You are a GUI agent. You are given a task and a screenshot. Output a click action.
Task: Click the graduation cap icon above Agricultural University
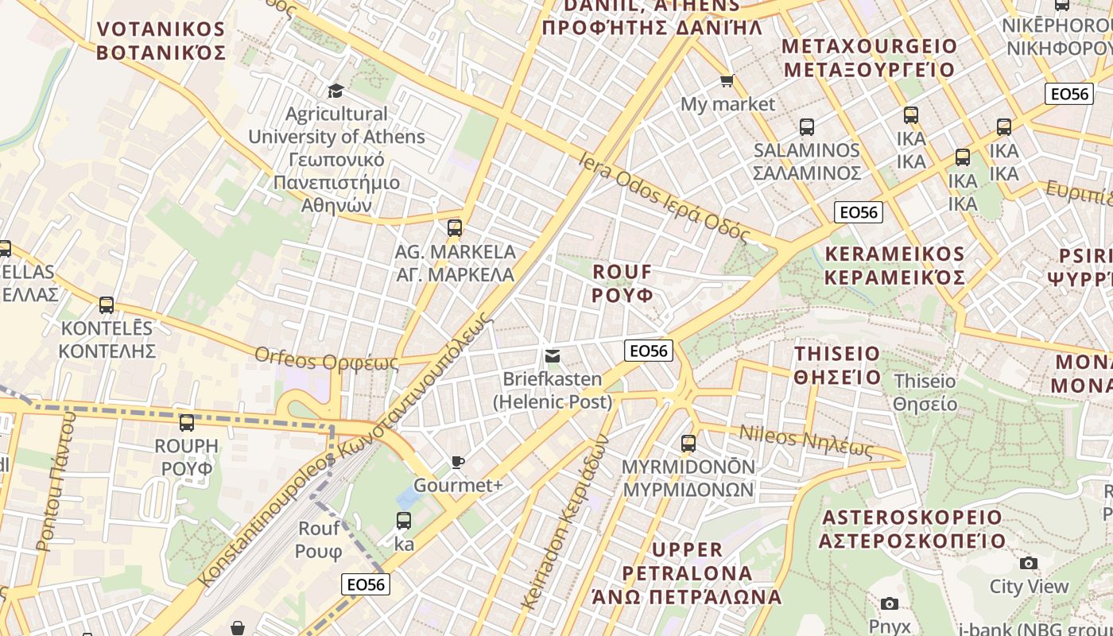(335, 90)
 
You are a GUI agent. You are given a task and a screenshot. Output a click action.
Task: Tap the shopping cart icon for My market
(727, 80)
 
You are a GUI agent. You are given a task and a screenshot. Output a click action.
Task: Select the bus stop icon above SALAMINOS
(806, 126)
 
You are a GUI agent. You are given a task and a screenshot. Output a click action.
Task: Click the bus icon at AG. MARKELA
(455, 228)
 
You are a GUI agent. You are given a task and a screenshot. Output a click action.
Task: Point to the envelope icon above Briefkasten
(552, 355)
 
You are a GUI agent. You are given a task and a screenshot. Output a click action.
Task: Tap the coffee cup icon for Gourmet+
(458, 462)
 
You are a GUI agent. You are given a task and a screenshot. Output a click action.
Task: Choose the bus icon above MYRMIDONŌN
(688, 443)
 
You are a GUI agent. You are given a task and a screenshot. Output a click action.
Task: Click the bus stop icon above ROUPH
(187, 422)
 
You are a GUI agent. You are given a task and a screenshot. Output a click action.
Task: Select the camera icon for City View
(1029, 564)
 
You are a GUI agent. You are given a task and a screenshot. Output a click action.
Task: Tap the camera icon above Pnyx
(890, 603)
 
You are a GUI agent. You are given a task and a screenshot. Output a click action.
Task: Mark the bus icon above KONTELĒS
(107, 304)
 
